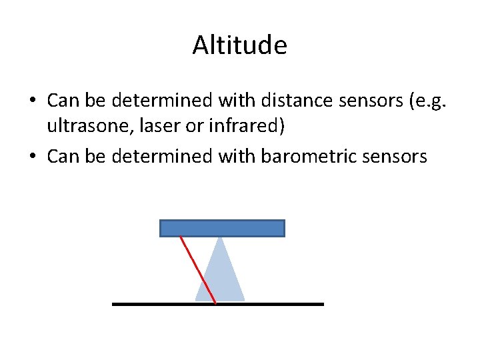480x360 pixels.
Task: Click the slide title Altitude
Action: pyautogui.click(x=240, y=45)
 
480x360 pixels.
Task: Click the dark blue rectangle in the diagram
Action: pyautogui.click(x=222, y=228)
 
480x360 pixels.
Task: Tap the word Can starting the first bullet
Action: pyautogui.click(x=63, y=101)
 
